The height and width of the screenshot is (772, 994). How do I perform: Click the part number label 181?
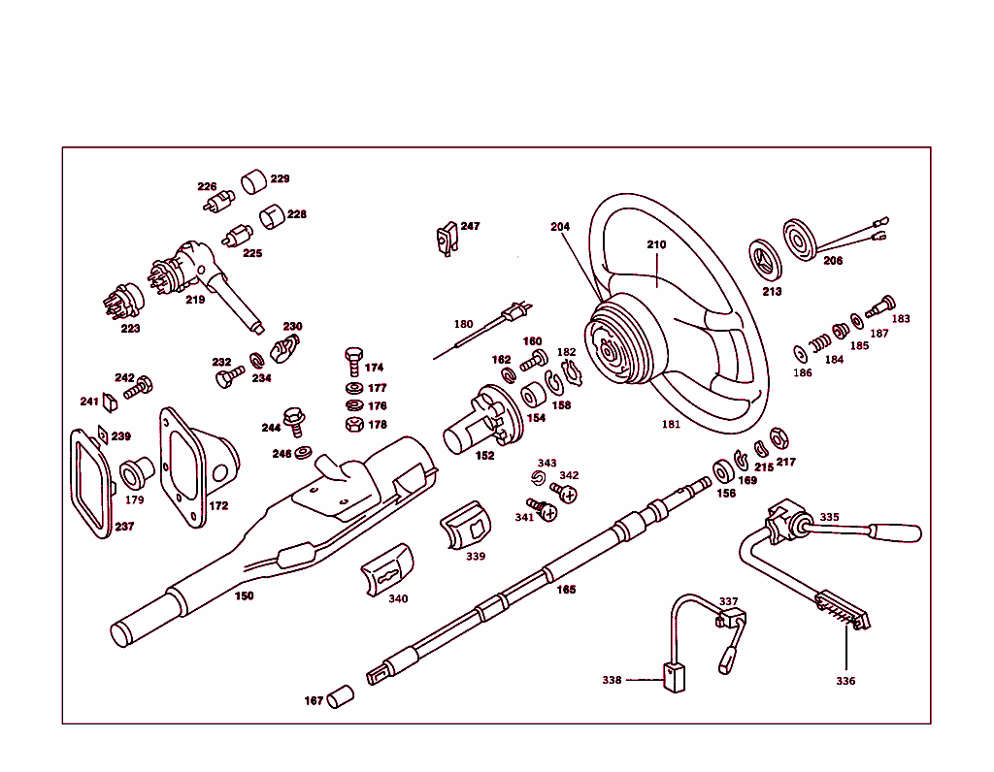coord(671,424)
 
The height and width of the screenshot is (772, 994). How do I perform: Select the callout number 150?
coord(245,595)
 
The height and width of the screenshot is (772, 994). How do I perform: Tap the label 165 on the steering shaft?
coord(566,589)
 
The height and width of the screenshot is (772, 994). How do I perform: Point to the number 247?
coord(470,226)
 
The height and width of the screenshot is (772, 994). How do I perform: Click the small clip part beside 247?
coord(447,238)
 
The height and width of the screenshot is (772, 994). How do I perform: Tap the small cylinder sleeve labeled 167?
coord(340,697)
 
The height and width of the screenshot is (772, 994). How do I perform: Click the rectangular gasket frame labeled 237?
coord(94,484)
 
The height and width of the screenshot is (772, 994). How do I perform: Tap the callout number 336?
coord(845,681)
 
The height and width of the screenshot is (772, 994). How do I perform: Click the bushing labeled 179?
coord(133,474)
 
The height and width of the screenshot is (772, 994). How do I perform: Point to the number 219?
coord(195,300)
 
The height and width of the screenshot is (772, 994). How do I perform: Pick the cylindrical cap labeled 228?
coord(271,215)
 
